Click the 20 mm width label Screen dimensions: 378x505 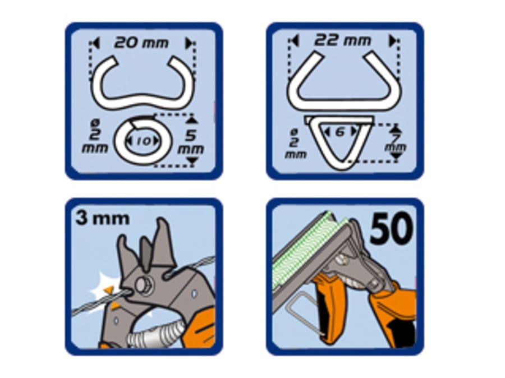pos(141,43)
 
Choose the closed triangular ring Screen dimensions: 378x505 pos(339,140)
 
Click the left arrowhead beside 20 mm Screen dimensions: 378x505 pos(95,43)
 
